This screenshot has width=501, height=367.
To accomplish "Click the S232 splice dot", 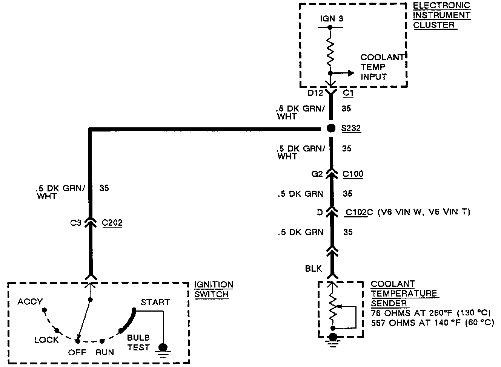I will (x=331, y=128).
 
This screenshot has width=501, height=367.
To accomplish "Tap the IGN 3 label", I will (x=332, y=18).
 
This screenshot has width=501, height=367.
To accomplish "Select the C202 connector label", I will (x=112, y=223).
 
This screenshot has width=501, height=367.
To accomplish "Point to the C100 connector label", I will (x=353, y=174).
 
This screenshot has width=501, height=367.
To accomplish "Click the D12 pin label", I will (x=315, y=93).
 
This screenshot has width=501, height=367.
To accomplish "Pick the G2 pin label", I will (x=317, y=174).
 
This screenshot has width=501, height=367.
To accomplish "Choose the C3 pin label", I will (x=76, y=223).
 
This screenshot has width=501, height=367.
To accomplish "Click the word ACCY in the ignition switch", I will (x=30, y=302).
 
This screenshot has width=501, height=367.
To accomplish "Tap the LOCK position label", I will (x=46, y=340).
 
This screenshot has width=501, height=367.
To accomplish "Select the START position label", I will (x=155, y=302).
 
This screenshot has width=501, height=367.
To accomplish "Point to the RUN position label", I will (x=105, y=353).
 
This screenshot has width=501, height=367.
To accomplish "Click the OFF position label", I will (x=77, y=353).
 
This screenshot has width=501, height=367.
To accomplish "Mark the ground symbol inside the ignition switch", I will (x=163, y=349).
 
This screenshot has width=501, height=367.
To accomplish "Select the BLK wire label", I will (x=314, y=268).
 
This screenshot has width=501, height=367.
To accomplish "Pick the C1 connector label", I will (x=348, y=93).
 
